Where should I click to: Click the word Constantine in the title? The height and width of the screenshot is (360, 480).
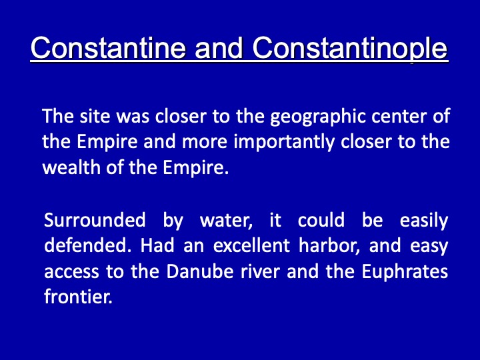click(109, 48)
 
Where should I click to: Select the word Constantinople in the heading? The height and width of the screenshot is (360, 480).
click(350, 49)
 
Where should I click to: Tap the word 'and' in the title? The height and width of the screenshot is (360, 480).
click(219, 48)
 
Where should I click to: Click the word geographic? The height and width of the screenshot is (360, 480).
click(318, 117)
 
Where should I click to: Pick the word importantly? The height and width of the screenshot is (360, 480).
click(284, 143)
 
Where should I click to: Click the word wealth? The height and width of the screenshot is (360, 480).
click(71, 167)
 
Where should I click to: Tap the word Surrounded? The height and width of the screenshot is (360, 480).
click(95, 220)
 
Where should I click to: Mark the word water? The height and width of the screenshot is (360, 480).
click(226, 221)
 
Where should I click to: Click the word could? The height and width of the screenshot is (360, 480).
click(321, 220)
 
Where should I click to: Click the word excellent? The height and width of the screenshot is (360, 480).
click(251, 245)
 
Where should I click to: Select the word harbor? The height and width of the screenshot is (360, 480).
click(329, 246)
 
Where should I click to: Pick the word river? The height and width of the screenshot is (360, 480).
click(260, 271)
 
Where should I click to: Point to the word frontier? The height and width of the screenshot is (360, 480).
click(79, 297)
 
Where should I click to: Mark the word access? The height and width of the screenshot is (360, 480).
click(71, 272)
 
